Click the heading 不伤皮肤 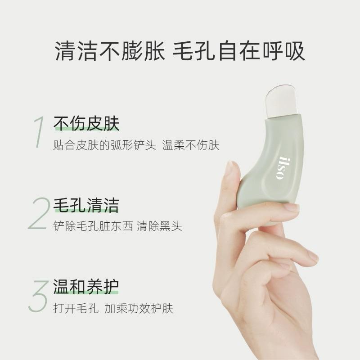point(86,123)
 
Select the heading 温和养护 point(86,287)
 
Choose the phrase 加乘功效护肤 point(139,308)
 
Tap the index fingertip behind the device point(230,171)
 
